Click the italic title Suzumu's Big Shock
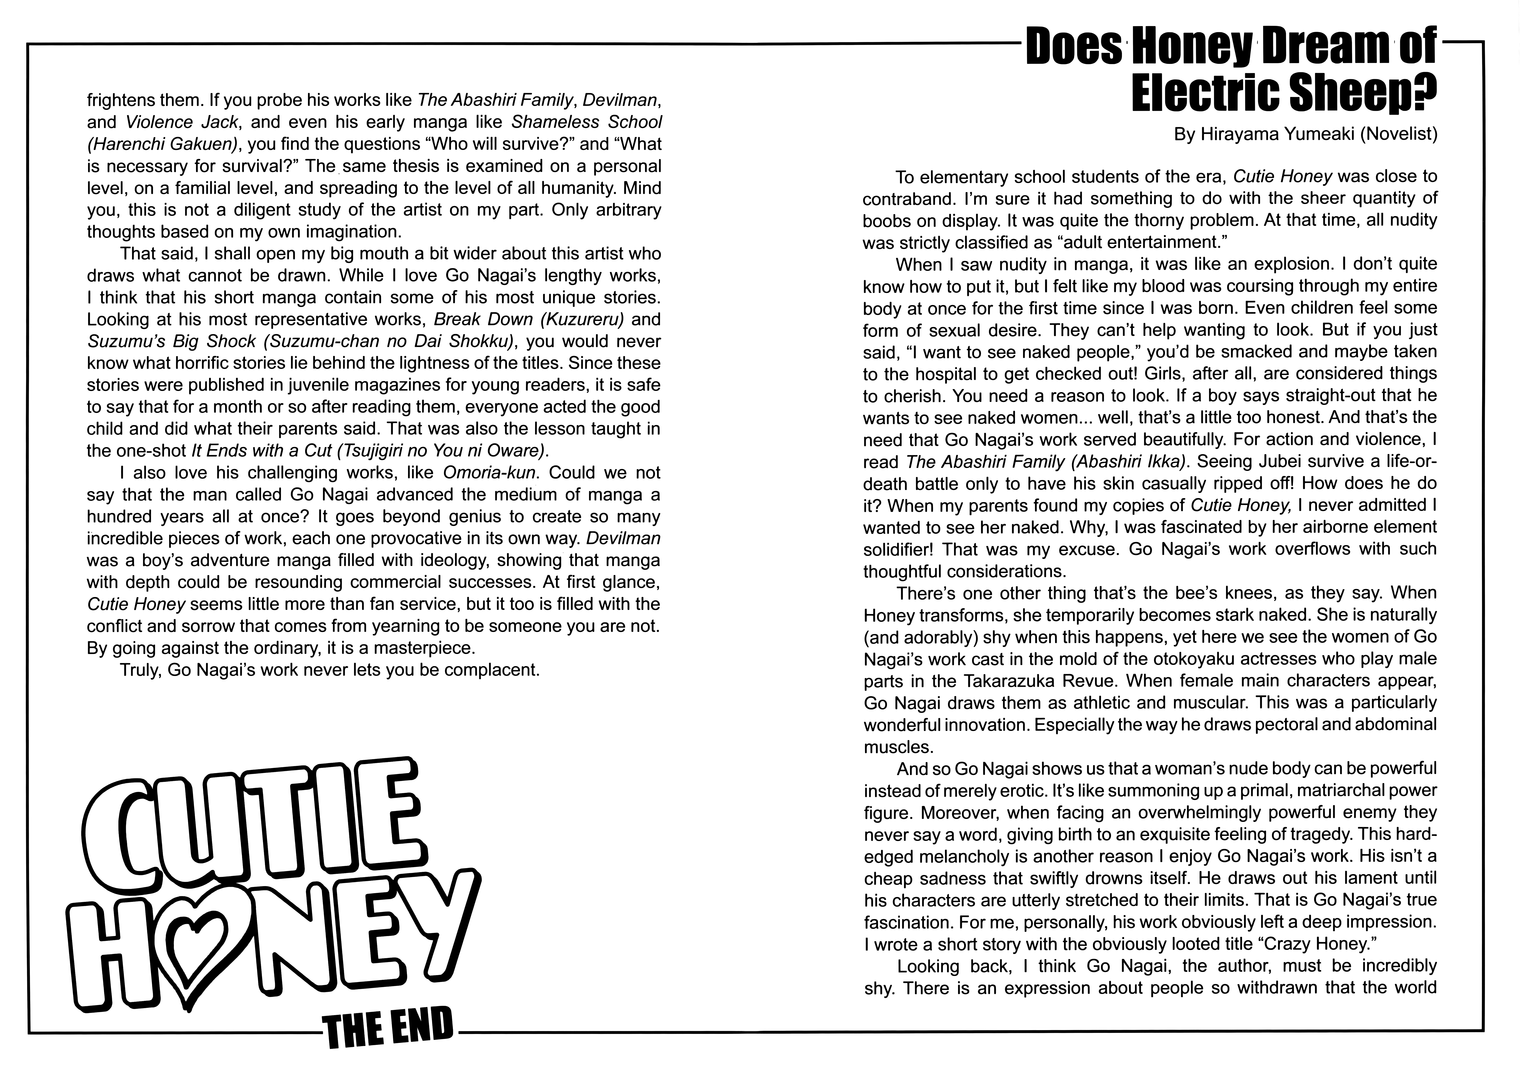[171, 342]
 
